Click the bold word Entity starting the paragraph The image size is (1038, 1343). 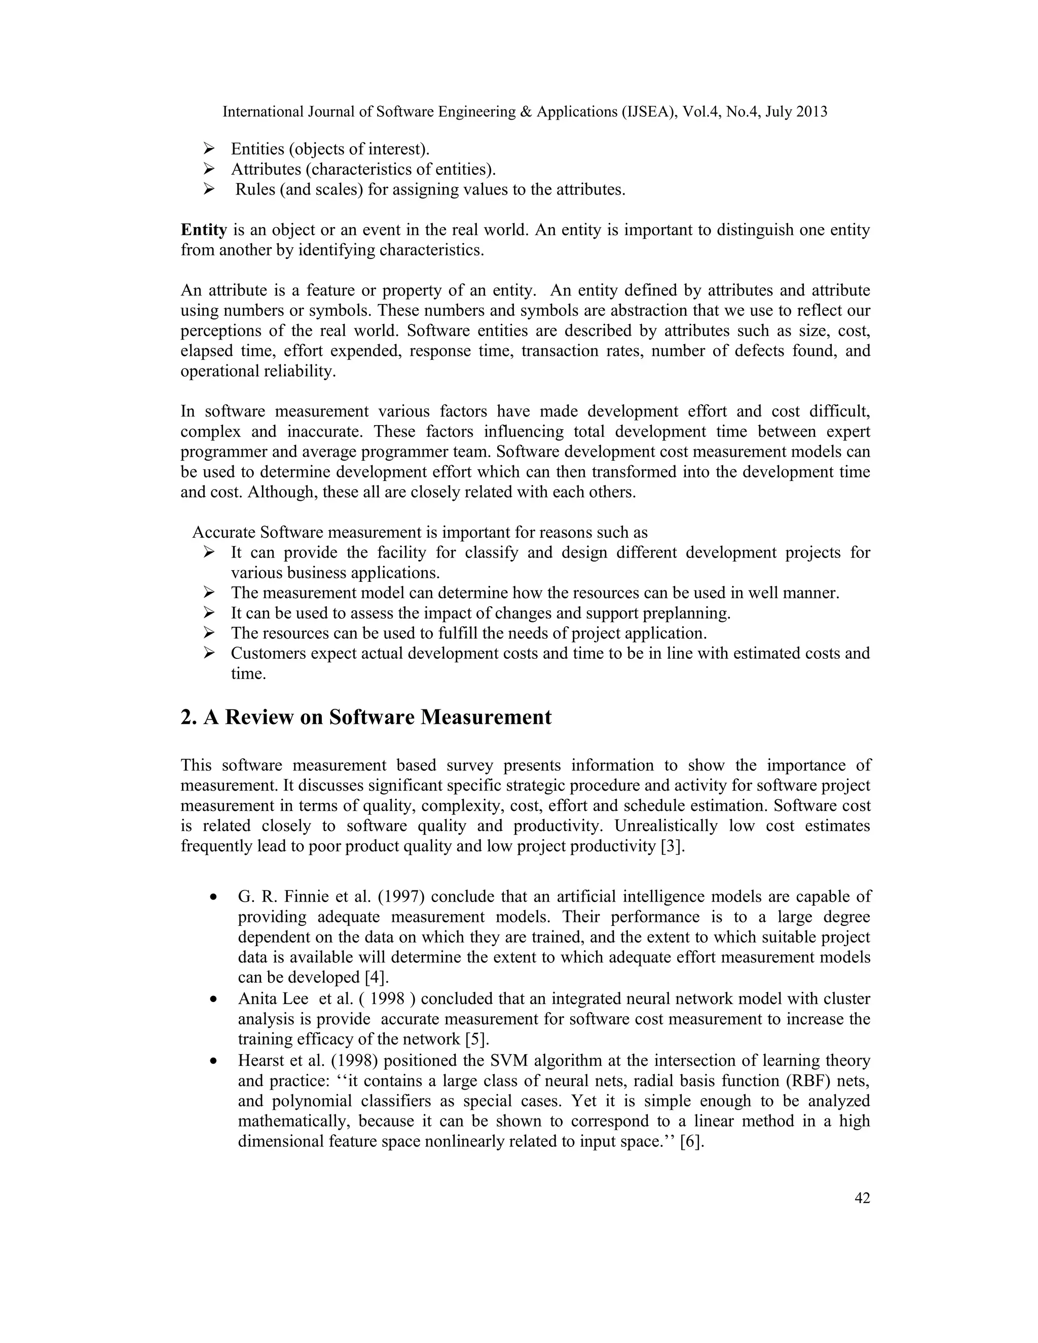(x=204, y=230)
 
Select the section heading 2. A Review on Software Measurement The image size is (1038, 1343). (x=366, y=717)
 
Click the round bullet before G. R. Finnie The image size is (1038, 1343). (x=213, y=898)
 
